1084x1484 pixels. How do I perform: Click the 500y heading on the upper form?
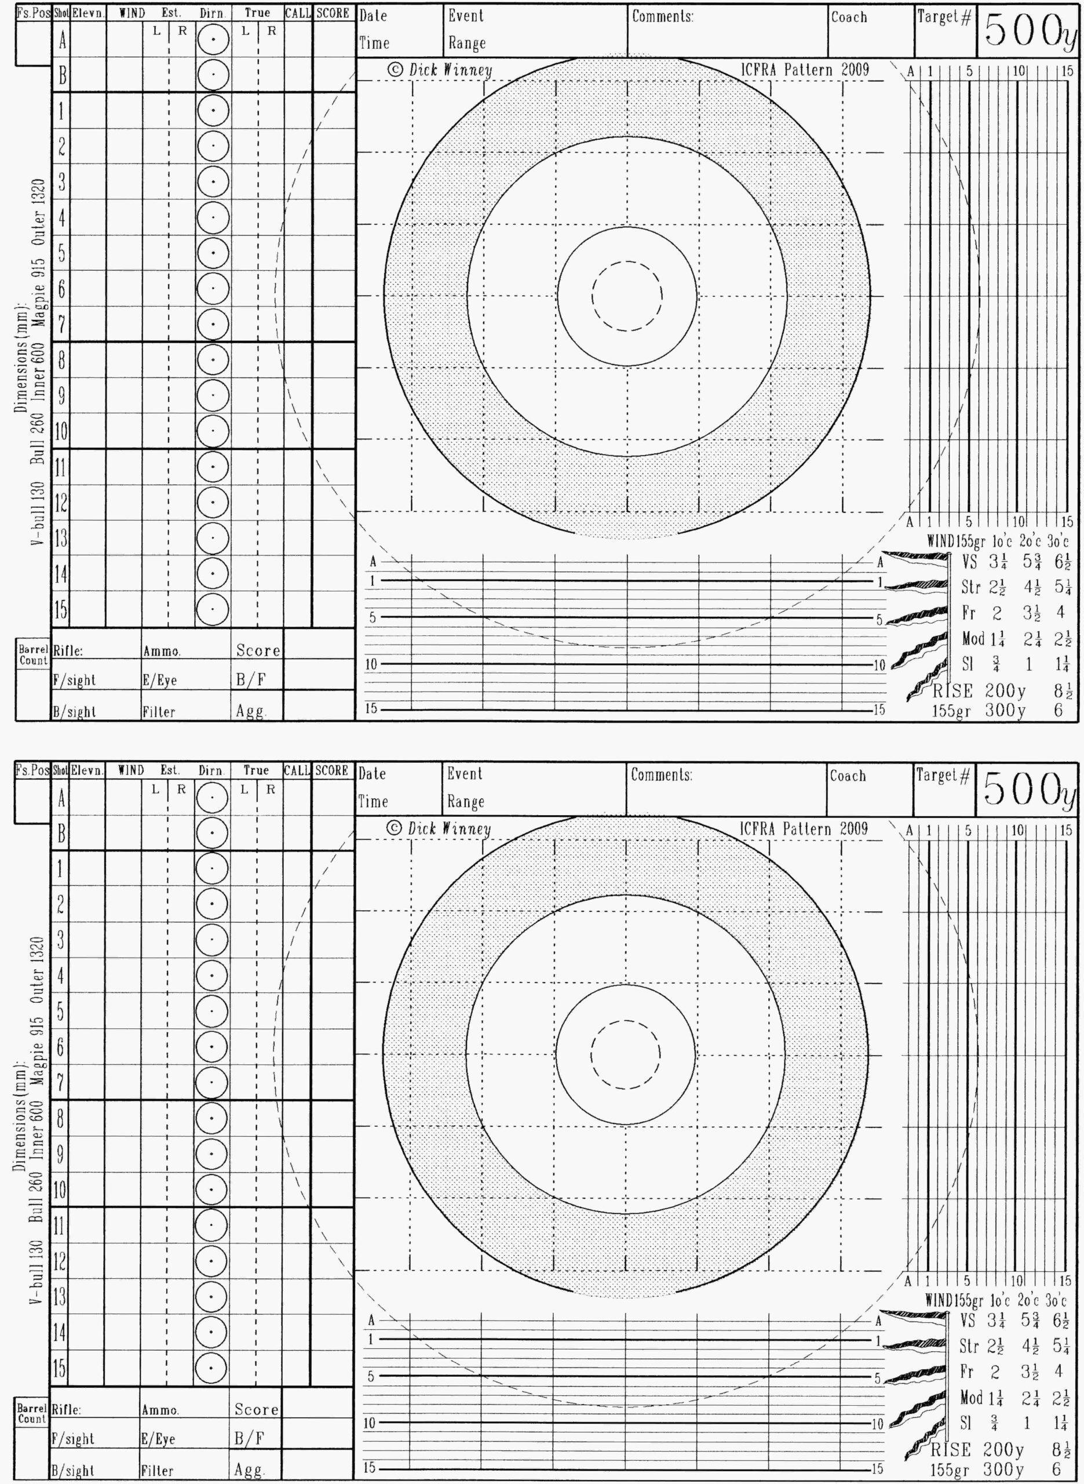pyautogui.click(x=1029, y=32)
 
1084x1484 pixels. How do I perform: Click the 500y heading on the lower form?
pyautogui.click(x=1028, y=790)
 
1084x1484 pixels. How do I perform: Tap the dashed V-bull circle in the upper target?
pyautogui.click(x=627, y=296)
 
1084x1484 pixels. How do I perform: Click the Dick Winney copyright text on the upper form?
pyautogui.click(x=440, y=70)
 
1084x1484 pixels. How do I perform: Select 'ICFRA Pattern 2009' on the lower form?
pyautogui.click(x=803, y=828)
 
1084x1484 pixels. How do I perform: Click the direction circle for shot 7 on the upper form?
pyautogui.click(x=213, y=323)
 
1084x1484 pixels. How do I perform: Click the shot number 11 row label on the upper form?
pyautogui.click(x=60, y=468)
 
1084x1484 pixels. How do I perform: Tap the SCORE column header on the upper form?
pyautogui.click(x=332, y=13)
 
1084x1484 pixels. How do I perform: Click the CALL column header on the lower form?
pyautogui.click(x=297, y=770)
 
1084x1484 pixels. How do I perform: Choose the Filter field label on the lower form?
pyautogui.click(x=158, y=1470)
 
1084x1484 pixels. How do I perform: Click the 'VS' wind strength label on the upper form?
pyautogui.click(x=969, y=562)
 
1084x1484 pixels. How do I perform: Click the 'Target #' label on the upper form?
pyautogui.click(x=944, y=18)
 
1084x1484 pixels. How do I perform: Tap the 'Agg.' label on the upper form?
pyautogui.click(x=251, y=712)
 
